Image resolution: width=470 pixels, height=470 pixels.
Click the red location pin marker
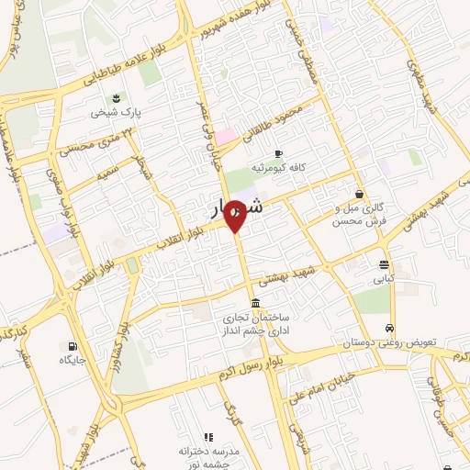pos(235,217)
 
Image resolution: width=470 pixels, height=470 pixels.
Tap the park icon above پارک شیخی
pos(116,98)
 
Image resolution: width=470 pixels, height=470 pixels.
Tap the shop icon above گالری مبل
pos(358,194)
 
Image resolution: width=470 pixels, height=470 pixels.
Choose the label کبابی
pos(384,278)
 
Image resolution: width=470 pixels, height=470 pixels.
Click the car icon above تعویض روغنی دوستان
pos(391,328)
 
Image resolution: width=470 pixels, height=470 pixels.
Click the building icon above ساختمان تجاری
pos(254,304)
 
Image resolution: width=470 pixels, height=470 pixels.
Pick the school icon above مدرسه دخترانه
pos(208,437)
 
